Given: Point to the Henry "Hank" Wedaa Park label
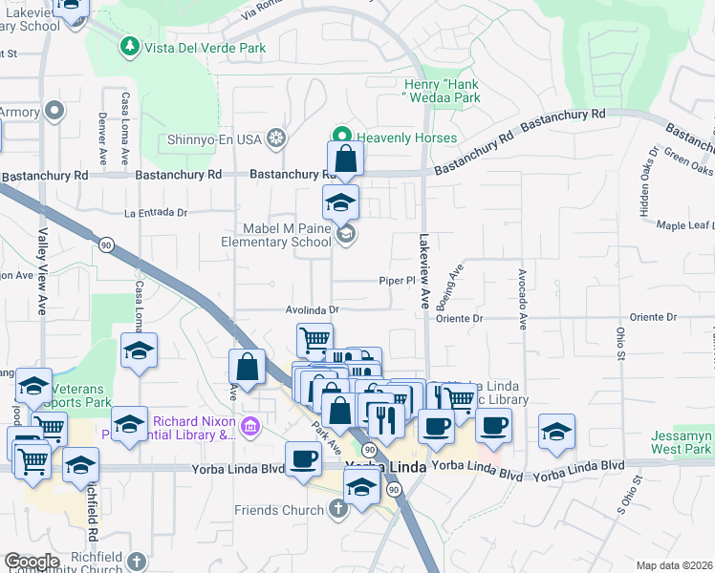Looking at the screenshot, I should pos(439,90).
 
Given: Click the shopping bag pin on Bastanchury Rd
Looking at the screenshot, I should pos(345,159).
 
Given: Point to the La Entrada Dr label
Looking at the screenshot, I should pos(155,213).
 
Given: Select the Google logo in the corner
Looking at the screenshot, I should pos(31,561).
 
